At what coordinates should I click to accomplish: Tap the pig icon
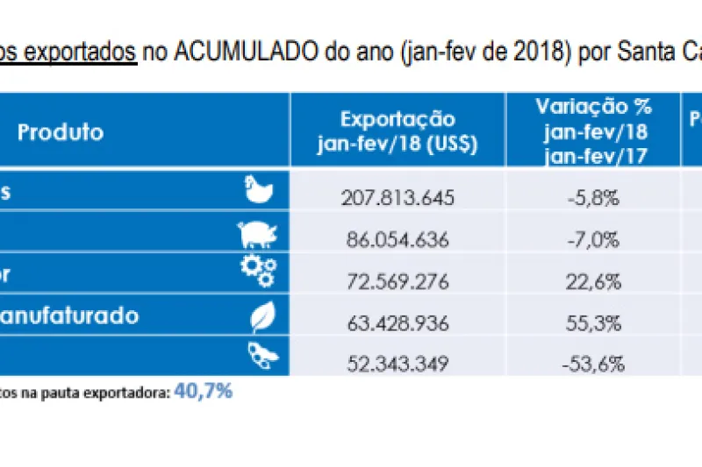click(x=258, y=234)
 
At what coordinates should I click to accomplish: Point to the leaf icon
click(x=261, y=316)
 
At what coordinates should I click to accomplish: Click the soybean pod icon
click(x=260, y=357)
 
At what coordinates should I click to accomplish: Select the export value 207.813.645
click(x=398, y=197)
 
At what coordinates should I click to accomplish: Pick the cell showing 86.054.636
click(x=398, y=239)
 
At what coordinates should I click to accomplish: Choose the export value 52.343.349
click(x=398, y=363)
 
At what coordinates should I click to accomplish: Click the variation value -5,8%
click(x=593, y=197)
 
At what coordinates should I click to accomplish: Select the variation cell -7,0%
click(x=593, y=239)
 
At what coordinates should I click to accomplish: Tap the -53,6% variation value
click(x=593, y=363)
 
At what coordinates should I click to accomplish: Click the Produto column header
click(x=61, y=133)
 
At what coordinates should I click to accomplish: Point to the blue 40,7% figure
click(x=204, y=392)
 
